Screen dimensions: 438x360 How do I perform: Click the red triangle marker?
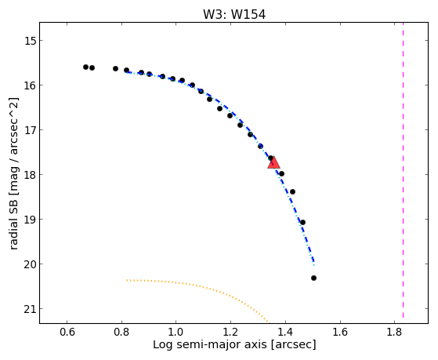(273, 163)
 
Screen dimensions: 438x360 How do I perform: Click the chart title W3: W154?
(234, 15)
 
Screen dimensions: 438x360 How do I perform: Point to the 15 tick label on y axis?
(30, 41)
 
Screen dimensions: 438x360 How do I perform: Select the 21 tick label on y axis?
(30, 309)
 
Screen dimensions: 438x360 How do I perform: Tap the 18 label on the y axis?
(30, 175)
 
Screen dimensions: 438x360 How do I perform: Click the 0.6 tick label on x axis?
(67, 332)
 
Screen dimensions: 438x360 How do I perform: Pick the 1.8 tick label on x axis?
(394, 332)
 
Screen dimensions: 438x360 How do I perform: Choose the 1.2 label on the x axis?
(230, 332)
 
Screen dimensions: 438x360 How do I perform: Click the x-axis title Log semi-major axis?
(210, 344)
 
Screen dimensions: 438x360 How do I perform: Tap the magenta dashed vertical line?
(403, 170)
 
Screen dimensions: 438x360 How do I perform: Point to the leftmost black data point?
(85, 67)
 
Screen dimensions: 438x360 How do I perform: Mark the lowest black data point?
(313, 278)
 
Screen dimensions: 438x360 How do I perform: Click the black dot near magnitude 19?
(302, 223)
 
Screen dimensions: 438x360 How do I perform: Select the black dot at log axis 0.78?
(116, 68)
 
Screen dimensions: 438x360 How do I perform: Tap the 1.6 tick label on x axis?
(340, 332)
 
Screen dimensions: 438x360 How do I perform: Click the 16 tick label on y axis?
(30, 85)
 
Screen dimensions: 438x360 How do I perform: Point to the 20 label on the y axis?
(30, 264)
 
